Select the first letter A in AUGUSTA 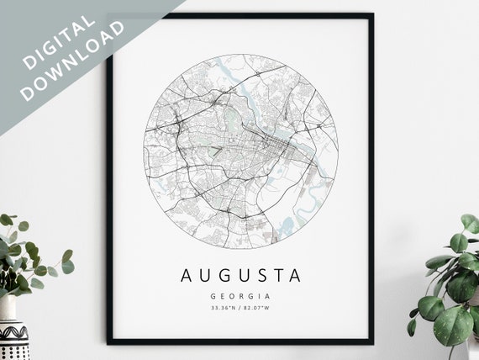(x=185, y=275)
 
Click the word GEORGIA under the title (x=240, y=296)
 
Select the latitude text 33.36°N (x=225, y=310)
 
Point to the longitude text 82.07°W (x=256, y=310)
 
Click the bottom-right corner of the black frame (x=371, y=341)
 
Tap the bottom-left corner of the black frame (x=108, y=341)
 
